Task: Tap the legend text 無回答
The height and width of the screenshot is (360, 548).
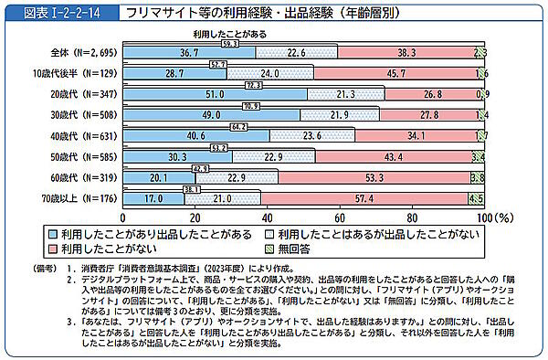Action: pyautogui.click(x=295, y=248)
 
